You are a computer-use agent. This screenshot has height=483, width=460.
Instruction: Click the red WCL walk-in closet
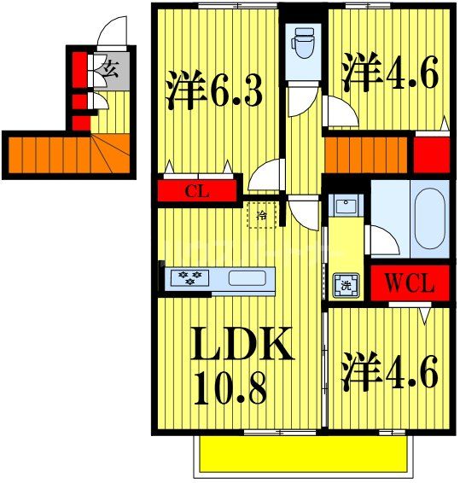point(407,283)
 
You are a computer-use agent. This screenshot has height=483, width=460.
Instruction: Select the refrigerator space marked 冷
point(263,215)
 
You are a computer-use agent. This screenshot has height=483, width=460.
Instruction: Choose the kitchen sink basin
point(248,277)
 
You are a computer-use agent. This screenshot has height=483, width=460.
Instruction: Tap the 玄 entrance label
point(111,67)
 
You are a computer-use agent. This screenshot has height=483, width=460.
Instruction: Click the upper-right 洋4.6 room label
point(391,73)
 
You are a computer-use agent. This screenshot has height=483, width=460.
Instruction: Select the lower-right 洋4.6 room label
point(391,372)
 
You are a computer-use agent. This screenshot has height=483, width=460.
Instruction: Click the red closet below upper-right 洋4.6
point(432,154)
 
